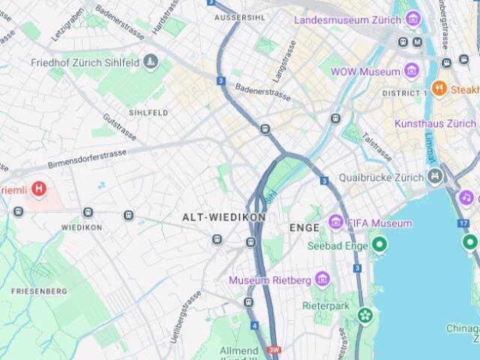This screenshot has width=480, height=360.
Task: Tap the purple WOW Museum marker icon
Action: click(x=411, y=71)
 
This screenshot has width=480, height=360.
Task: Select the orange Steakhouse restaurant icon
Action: click(x=439, y=89)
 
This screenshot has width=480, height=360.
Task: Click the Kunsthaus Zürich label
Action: click(x=435, y=123)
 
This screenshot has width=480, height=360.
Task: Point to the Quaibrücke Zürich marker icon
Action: click(x=435, y=177)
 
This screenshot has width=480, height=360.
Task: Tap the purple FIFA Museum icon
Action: click(x=335, y=223)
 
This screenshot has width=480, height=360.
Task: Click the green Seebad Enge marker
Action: click(x=380, y=244)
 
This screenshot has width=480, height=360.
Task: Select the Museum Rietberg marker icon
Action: click(x=322, y=280)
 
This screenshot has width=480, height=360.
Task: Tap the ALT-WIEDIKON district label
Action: click(x=224, y=217)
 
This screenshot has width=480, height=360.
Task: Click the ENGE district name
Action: click(x=304, y=226)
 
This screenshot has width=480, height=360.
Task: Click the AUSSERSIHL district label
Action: click(x=240, y=16)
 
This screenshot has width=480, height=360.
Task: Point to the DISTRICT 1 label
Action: click(x=404, y=93)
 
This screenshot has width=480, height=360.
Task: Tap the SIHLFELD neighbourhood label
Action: click(x=148, y=112)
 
